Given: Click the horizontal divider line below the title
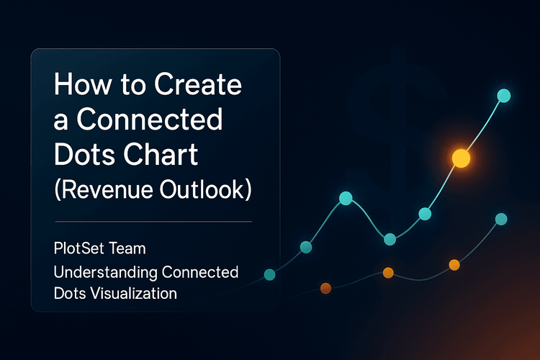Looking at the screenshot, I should [x=153, y=221].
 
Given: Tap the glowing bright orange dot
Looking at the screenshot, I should [x=460, y=158].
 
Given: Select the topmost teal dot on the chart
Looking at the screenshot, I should [x=504, y=96].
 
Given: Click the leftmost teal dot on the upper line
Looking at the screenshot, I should [x=270, y=274].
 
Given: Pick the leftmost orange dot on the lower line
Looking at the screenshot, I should [x=325, y=288].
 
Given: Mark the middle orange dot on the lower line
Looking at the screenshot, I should [x=388, y=272].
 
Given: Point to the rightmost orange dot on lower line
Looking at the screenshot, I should [x=454, y=265].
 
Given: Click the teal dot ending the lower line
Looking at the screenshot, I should [x=501, y=219].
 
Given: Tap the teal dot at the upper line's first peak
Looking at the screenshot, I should [x=346, y=198].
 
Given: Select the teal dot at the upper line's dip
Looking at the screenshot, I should [x=390, y=239].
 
